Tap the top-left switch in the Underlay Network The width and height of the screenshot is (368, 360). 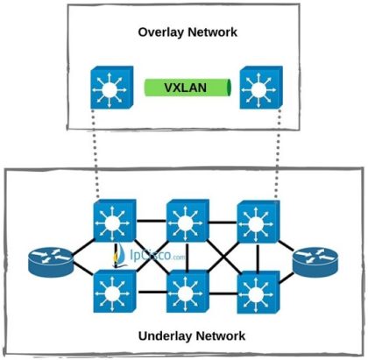click(x=110, y=223)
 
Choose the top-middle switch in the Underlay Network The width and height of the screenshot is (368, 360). click(x=185, y=223)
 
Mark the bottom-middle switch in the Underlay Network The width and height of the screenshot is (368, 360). click(x=185, y=292)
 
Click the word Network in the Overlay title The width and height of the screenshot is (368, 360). click(x=214, y=32)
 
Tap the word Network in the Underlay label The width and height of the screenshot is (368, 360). click(x=218, y=335)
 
